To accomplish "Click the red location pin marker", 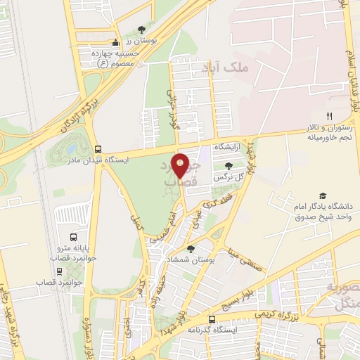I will coord(181,165).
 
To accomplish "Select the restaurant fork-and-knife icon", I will coord(328,116).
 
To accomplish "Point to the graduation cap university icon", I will coord(323,195).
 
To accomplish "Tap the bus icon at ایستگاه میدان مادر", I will coord(98,149).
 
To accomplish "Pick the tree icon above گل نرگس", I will coord(229,166).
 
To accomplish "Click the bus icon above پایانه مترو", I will coord(74,237).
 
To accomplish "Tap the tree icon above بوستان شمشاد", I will coord(191,249).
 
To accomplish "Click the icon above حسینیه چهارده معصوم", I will coord(116,42).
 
